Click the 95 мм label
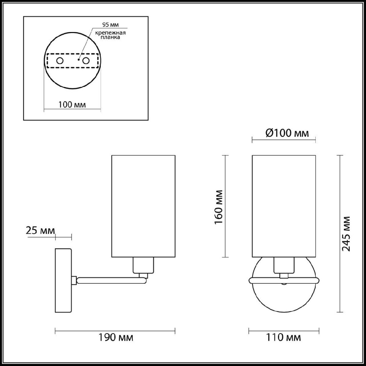110,25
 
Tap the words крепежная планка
110,35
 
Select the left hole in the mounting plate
60,61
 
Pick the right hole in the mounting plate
86,61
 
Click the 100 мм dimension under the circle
72,105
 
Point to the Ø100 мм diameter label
287,133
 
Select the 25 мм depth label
40,231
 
